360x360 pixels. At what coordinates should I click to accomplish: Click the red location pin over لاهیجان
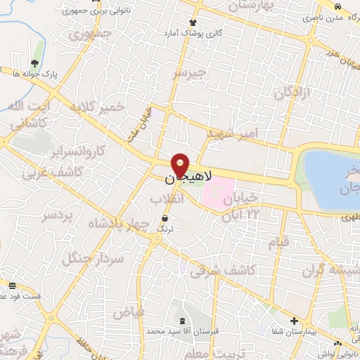tap(181, 165)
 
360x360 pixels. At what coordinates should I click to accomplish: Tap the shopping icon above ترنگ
tap(164, 219)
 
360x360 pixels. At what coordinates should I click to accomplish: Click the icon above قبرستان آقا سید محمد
tap(183, 321)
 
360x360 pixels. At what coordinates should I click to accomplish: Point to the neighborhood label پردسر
tap(58, 217)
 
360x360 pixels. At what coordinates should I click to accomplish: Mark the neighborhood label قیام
tap(278, 243)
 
